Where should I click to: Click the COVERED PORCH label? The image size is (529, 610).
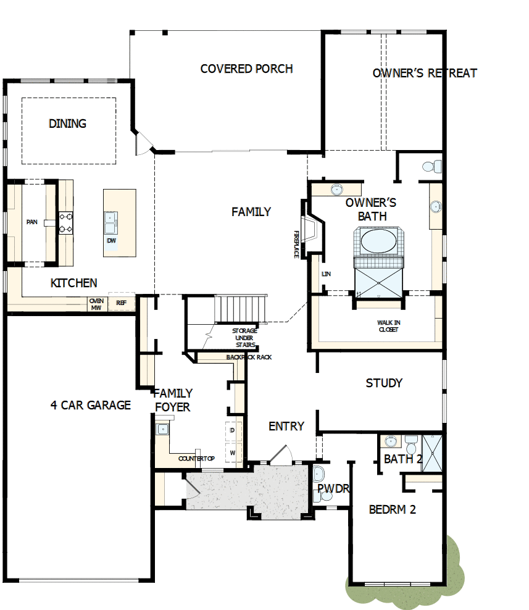[x=246, y=69]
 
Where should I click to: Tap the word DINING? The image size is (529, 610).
[x=67, y=123]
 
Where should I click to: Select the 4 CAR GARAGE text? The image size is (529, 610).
[x=91, y=405]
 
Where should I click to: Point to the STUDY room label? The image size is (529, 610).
[x=384, y=383]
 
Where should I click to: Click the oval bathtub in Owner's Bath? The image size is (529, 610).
[x=379, y=241]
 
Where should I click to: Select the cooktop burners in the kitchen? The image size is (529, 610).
[x=65, y=223]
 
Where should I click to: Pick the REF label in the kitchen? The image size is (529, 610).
[x=121, y=304]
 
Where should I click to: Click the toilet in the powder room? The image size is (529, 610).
[x=319, y=475]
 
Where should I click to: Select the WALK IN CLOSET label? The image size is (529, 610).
[x=388, y=326]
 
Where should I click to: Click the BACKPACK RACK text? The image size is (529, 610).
[x=249, y=357]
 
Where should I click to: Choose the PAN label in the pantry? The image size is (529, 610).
[x=31, y=222]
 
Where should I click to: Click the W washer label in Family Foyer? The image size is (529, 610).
[x=233, y=453]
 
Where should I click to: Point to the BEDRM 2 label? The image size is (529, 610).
[x=392, y=509]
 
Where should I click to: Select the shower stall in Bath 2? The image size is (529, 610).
[x=431, y=453]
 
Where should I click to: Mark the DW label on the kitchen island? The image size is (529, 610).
[x=111, y=240]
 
